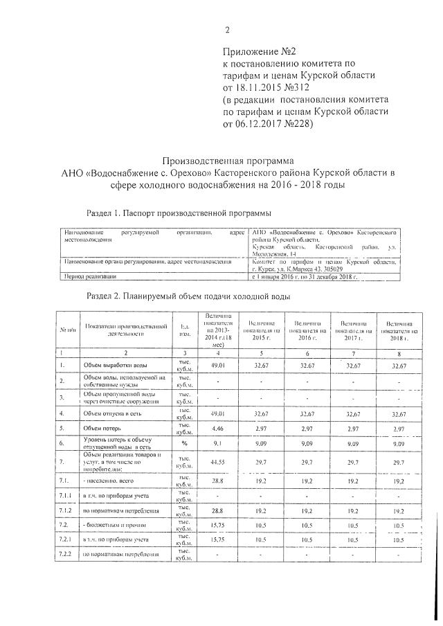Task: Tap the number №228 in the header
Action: tap(296, 125)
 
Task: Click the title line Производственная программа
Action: tap(228, 160)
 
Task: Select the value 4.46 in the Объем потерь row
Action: tap(216, 429)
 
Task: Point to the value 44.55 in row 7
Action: tap(216, 461)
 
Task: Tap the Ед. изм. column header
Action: tap(183, 329)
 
